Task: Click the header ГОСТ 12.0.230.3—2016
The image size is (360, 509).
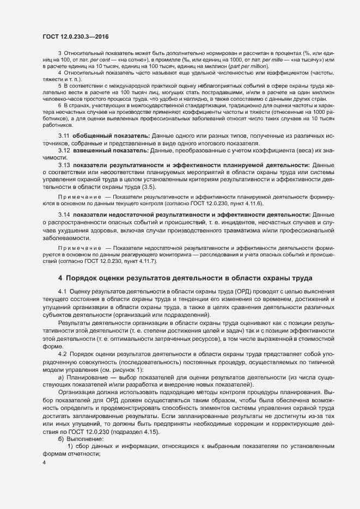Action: click(x=75, y=36)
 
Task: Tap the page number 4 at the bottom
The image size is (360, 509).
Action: click(x=44, y=462)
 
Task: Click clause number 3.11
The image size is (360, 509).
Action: click(x=64, y=135)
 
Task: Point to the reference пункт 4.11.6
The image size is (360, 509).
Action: click(x=232, y=203)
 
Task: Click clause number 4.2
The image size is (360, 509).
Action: click(x=62, y=354)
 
